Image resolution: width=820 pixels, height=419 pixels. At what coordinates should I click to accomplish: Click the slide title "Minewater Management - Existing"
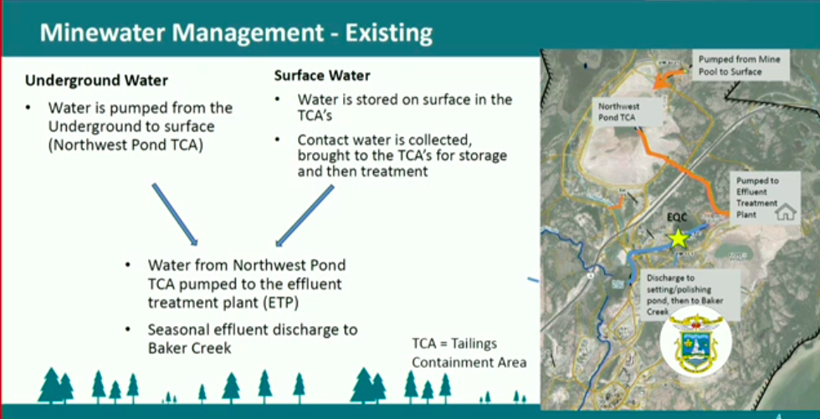point(236,33)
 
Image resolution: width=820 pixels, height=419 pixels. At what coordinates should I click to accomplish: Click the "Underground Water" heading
point(97,80)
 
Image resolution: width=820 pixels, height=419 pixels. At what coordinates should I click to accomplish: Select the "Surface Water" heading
point(322,76)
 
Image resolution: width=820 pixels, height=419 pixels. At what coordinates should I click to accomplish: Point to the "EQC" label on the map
point(677,217)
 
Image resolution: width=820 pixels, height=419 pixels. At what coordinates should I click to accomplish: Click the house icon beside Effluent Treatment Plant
point(785,212)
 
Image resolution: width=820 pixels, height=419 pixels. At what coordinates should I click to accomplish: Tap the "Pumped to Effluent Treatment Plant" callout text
point(757,197)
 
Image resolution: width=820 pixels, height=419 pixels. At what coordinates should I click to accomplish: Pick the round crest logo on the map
point(694,340)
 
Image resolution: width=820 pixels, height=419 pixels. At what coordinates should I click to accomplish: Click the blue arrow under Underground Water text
point(175,214)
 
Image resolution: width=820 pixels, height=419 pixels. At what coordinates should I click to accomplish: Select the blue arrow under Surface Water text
point(305,216)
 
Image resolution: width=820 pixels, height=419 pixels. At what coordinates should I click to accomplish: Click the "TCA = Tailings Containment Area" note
point(469,353)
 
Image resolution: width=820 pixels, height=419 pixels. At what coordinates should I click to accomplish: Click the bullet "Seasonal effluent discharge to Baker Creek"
point(253,339)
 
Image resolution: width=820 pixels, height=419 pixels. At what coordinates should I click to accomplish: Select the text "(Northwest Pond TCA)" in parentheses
point(126,146)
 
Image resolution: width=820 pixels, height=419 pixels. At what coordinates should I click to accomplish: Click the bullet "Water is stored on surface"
point(405,106)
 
